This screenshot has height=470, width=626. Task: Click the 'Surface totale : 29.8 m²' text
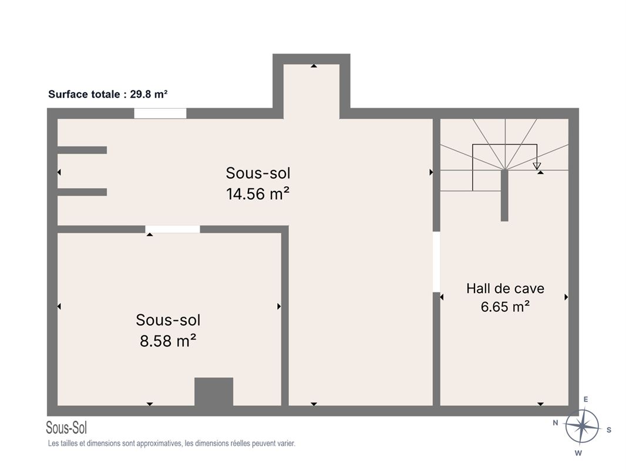(x=108, y=94)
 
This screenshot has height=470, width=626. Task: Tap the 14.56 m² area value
(x=258, y=194)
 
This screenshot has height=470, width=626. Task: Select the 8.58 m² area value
(x=168, y=341)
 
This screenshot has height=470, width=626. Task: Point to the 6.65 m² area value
(x=505, y=306)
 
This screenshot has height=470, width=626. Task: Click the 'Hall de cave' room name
(x=505, y=288)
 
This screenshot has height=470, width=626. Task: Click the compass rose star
(x=582, y=426)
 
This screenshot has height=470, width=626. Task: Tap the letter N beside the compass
(x=556, y=422)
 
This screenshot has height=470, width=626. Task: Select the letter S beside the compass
(x=609, y=430)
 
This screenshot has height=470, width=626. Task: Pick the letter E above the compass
(x=586, y=399)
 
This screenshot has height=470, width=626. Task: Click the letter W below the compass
(x=578, y=453)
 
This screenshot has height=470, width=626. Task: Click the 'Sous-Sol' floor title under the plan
(x=66, y=428)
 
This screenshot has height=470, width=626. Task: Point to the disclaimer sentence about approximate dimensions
(x=171, y=443)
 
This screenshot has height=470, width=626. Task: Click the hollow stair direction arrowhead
(x=537, y=166)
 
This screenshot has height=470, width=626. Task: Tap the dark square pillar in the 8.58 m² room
(x=214, y=392)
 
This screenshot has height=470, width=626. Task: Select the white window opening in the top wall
(x=160, y=113)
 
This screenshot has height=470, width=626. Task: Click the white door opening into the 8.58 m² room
(x=173, y=229)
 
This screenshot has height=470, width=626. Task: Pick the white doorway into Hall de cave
(x=436, y=262)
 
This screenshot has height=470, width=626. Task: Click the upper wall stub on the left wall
(x=82, y=150)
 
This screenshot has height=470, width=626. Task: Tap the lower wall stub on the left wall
(x=82, y=192)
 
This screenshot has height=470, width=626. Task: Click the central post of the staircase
(x=504, y=195)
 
